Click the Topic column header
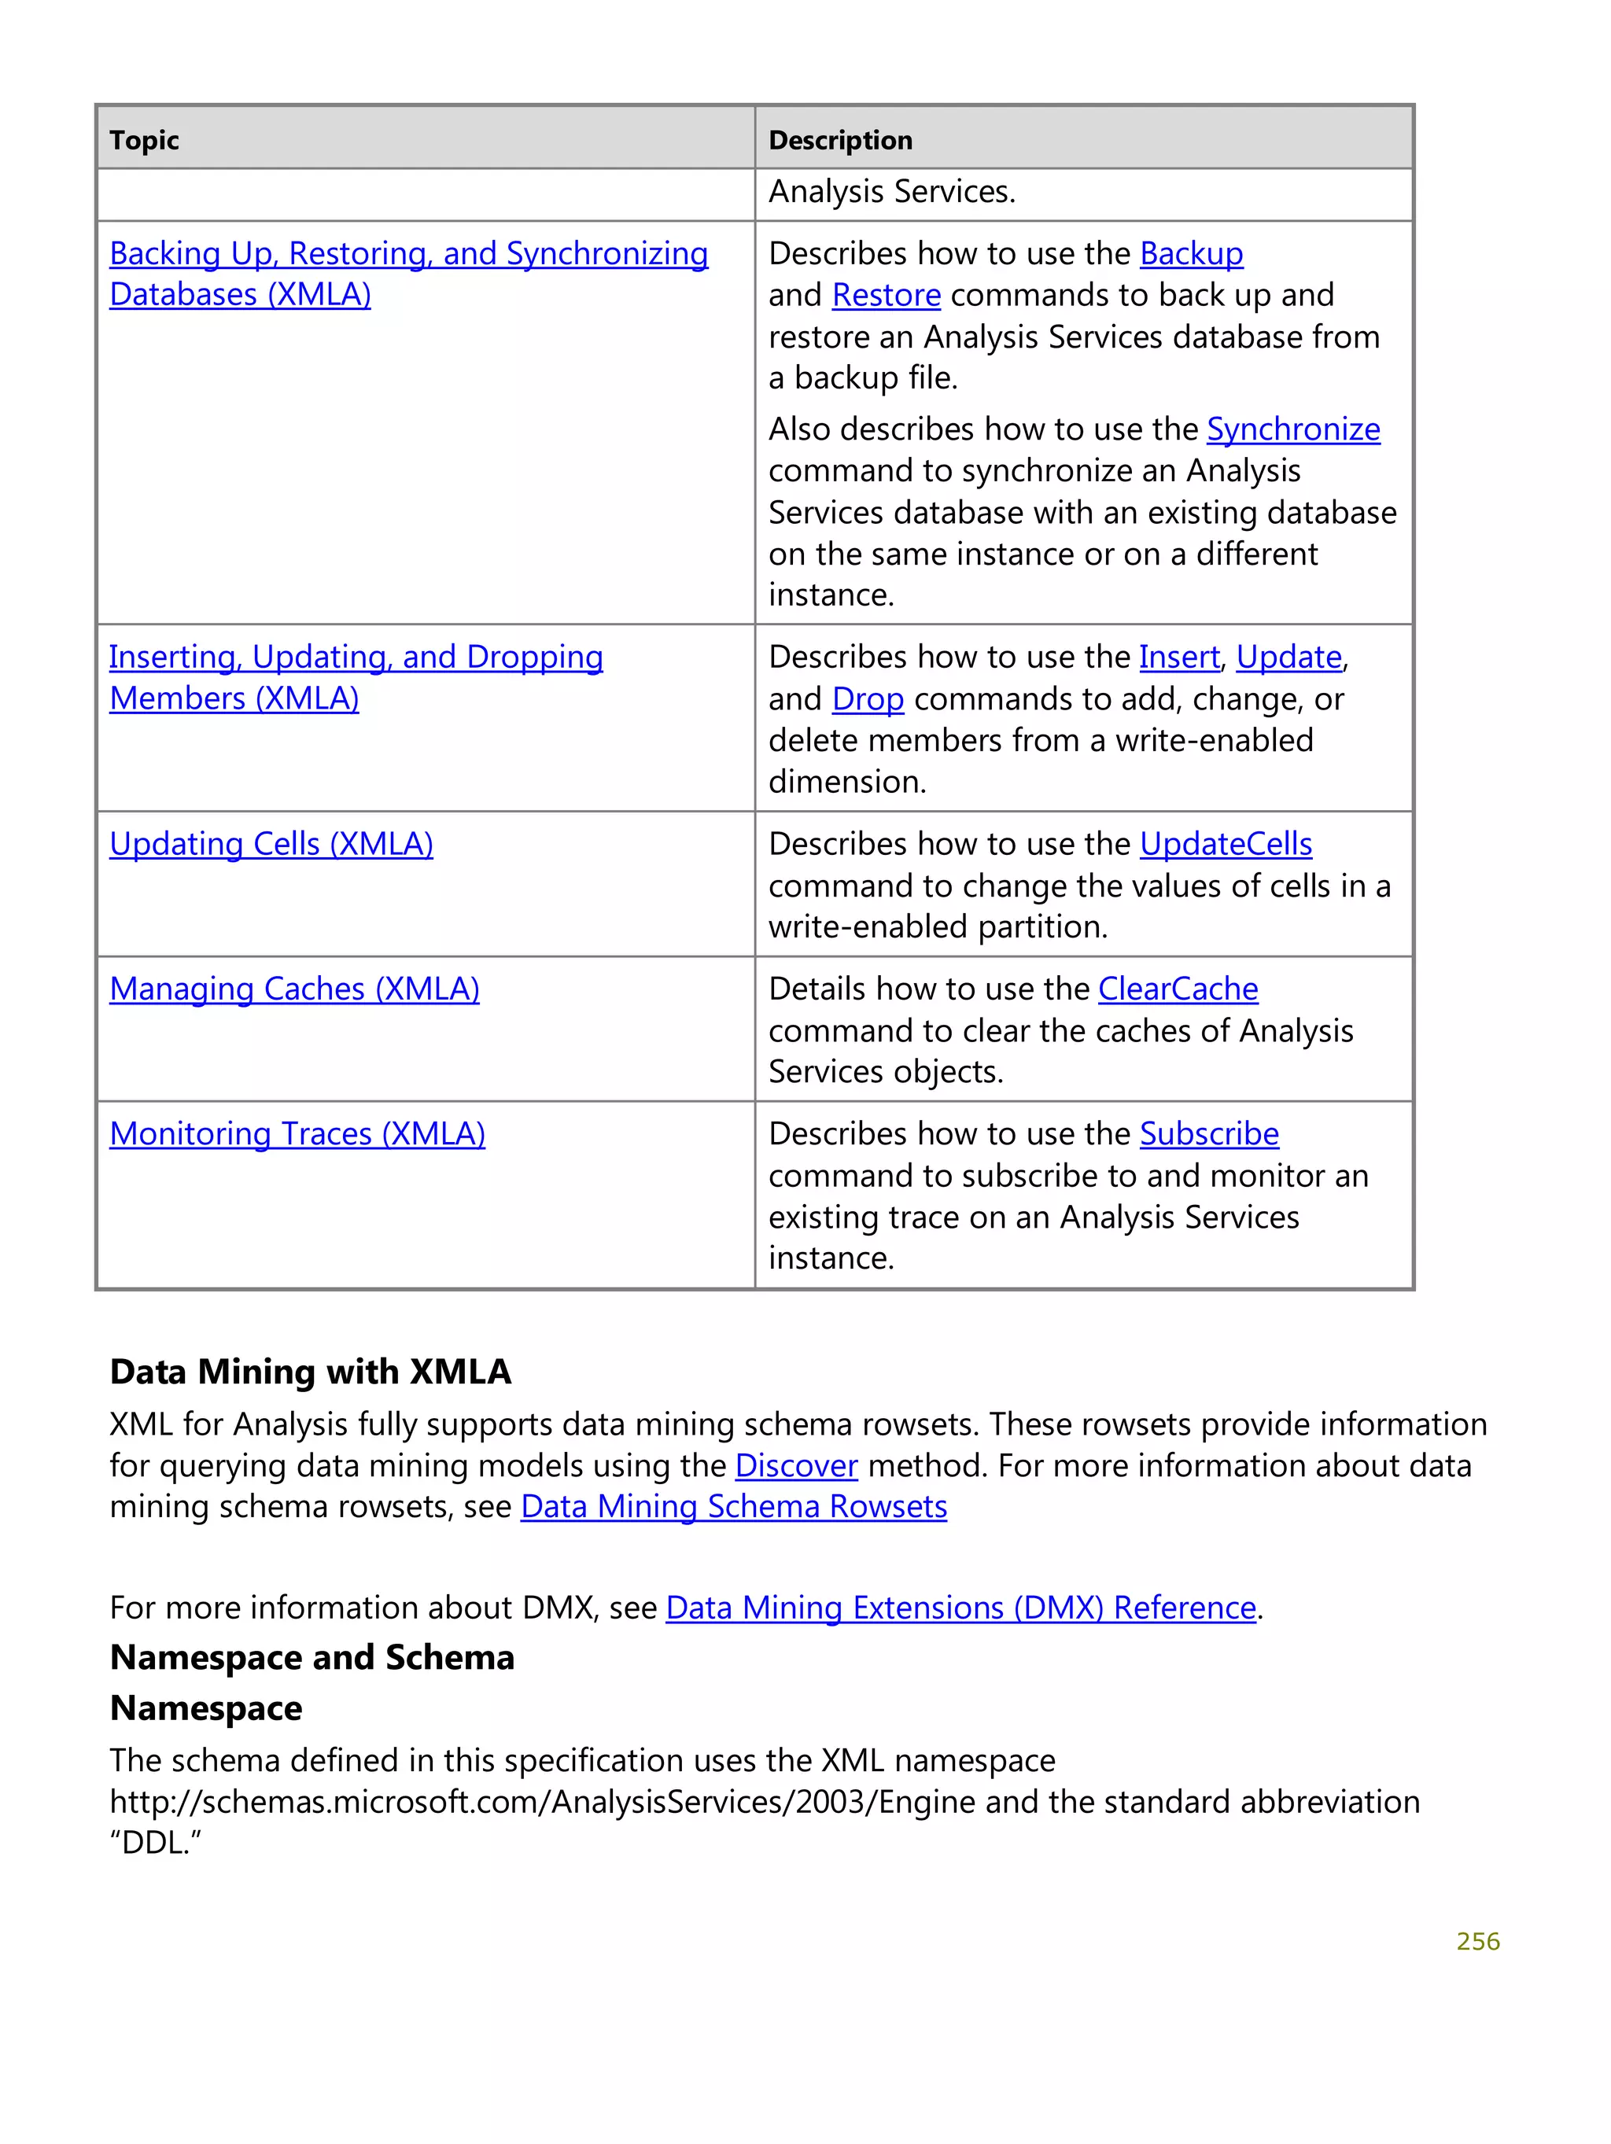tap(145, 141)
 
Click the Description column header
tap(839, 141)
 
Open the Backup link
tap(1190, 254)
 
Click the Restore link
tap(886, 296)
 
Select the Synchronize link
tap(1292, 429)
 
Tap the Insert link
tap(1178, 658)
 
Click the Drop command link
tap(868, 699)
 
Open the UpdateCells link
tap(1226, 844)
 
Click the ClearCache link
tap(1178, 989)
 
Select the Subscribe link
tap(1209, 1134)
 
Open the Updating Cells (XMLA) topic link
tap(271, 844)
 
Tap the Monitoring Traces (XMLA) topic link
tap(297, 1134)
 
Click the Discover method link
tap(796, 1465)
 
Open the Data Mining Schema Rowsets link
tap(734, 1507)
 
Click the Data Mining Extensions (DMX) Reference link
tap(960, 1608)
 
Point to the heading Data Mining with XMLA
tap(310, 1372)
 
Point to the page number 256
tap(1477, 1941)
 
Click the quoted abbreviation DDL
tap(155, 1843)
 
